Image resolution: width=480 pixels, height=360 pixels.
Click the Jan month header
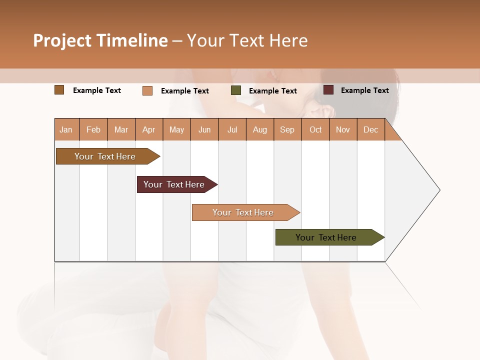point(66,129)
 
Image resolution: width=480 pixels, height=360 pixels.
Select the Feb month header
point(93,129)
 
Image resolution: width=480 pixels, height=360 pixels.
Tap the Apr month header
point(149,129)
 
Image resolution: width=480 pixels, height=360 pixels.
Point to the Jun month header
point(204,129)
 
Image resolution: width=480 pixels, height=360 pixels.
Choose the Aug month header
point(260,129)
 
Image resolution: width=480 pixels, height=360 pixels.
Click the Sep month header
point(287,129)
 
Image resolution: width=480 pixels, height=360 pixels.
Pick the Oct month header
point(315,129)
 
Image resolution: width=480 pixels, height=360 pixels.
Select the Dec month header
point(371,129)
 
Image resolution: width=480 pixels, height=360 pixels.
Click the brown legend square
point(59,90)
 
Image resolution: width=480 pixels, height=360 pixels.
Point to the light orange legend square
point(147,90)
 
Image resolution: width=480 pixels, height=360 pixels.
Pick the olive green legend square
point(236,90)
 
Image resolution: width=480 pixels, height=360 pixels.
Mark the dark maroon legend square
point(328,90)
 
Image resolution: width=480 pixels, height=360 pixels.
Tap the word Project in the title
point(62,40)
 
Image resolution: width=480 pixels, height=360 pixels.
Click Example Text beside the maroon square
point(364,90)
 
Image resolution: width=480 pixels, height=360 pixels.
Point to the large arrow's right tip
point(439,190)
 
